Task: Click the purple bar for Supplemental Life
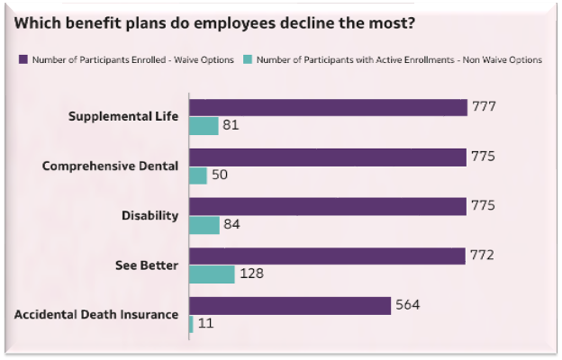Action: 329,108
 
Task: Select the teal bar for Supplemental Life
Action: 204,126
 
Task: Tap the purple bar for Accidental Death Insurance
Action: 289,306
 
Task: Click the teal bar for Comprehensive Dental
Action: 198,175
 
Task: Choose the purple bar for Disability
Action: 328,207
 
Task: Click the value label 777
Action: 484,107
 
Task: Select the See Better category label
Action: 148,265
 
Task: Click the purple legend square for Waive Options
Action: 23,60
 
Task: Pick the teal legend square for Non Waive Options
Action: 247,60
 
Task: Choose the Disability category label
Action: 150,216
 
